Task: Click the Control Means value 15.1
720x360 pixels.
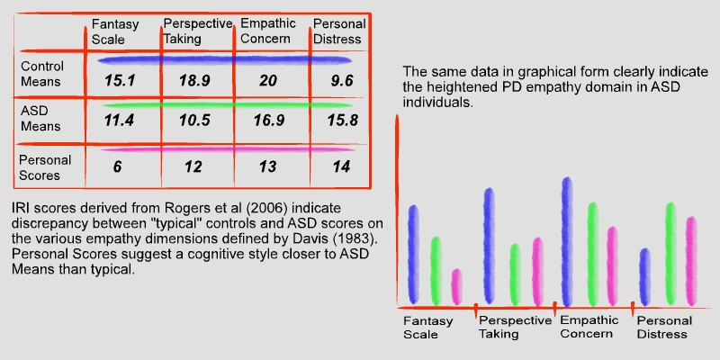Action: [x=120, y=81]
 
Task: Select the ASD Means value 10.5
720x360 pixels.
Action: [x=194, y=121]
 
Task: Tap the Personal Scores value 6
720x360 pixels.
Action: [x=118, y=166]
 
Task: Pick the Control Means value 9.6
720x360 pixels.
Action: [x=342, y=81]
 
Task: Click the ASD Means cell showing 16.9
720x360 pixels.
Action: [x=269, y=121]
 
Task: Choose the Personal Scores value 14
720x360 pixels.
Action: [x=341, y=166]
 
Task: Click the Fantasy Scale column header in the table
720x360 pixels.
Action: [x=115, y=31]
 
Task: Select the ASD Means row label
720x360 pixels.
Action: [x=40, y=119]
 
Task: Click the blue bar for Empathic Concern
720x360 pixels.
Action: [x=567, y=242]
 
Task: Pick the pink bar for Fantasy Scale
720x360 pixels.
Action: [x=456, y=287]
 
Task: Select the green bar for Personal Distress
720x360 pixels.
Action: [x=670, y=254]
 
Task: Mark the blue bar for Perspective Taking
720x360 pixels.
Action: [x=490, y=246]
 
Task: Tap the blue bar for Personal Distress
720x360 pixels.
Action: [x=645, y=277]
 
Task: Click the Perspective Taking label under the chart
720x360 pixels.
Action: [x=515, y=327]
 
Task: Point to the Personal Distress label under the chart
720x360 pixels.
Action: [x=664, y=327]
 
